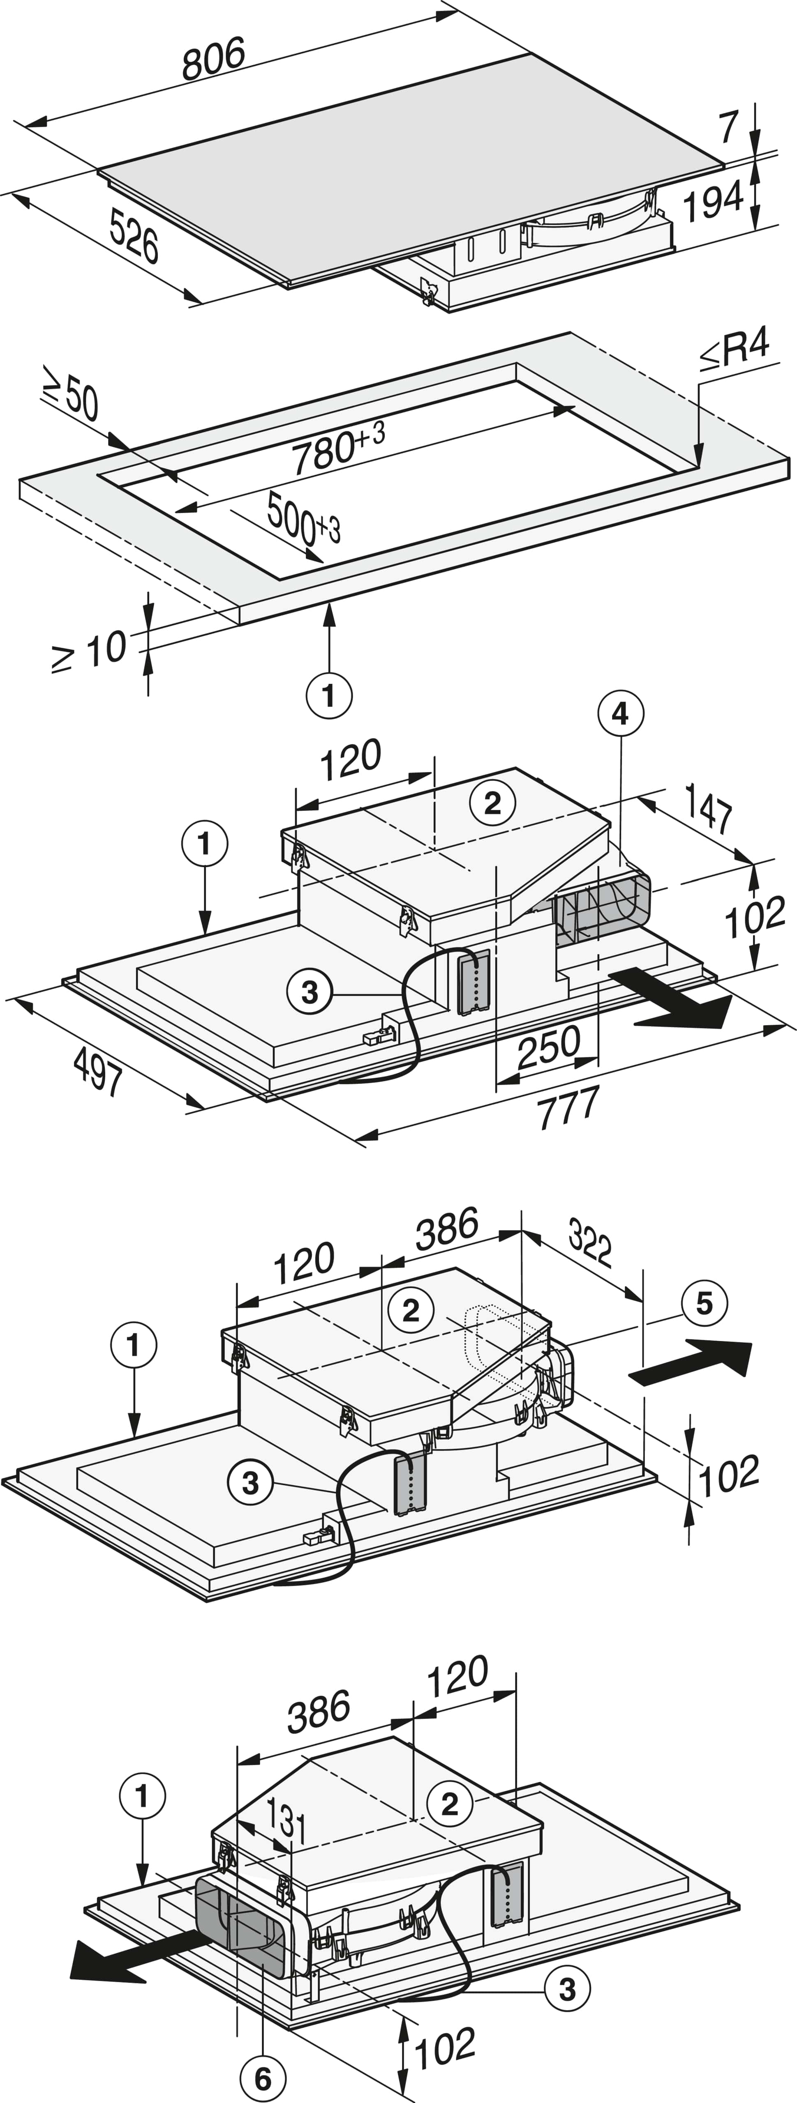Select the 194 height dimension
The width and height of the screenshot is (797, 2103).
point(713,201)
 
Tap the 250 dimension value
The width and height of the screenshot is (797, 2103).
point(549,1047)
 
